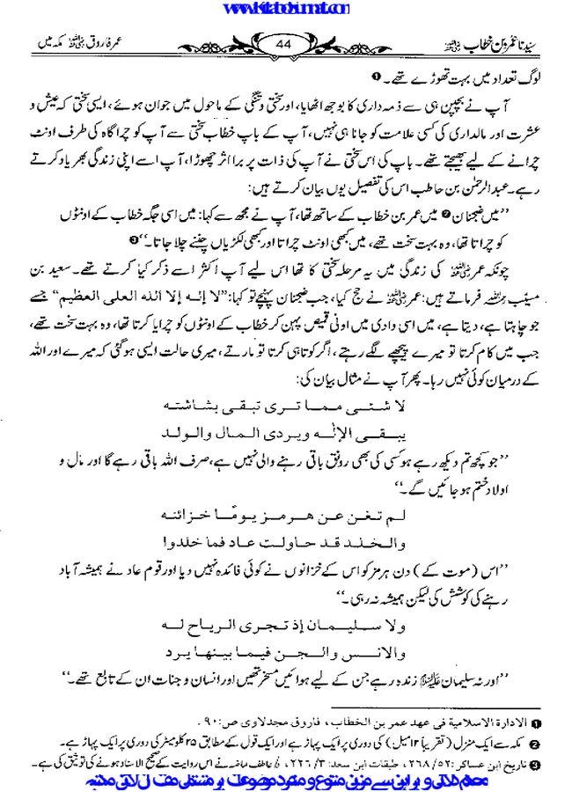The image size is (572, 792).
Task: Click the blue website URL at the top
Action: (287, 8)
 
